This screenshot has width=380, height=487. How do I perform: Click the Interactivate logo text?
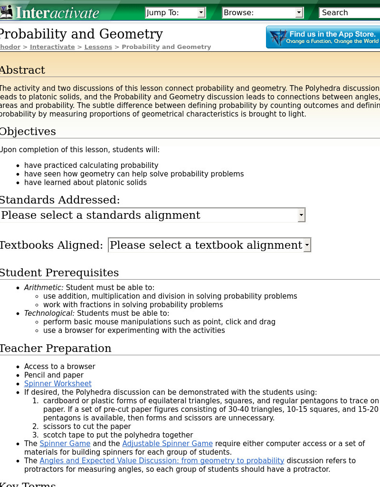point(57,12)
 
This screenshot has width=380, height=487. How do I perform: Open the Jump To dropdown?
point(175,13)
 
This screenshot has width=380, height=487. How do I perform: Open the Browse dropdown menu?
point(263,13)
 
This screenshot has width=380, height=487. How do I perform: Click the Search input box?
point(349,13)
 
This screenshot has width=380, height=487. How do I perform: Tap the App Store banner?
point(323,37)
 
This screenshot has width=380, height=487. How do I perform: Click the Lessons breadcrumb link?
point(98,47)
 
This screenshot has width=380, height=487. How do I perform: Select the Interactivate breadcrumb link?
point(52,47)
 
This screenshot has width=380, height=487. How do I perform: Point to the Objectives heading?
point(28,131)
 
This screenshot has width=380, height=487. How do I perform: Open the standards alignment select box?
point(152,215)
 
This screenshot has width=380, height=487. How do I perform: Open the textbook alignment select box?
point(209,245)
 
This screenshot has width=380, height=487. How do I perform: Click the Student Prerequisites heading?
point(59,273)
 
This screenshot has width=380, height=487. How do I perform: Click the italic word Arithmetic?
point(44,287)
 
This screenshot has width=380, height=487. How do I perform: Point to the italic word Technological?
point(49,313)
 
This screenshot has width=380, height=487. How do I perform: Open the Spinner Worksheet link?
point(58,383)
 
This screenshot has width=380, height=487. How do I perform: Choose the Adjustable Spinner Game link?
point(167,443)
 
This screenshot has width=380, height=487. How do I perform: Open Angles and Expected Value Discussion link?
point(161,460)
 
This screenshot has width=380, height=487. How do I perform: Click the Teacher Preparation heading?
point(55,348)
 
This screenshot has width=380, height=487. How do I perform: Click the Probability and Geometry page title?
point(81,34)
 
